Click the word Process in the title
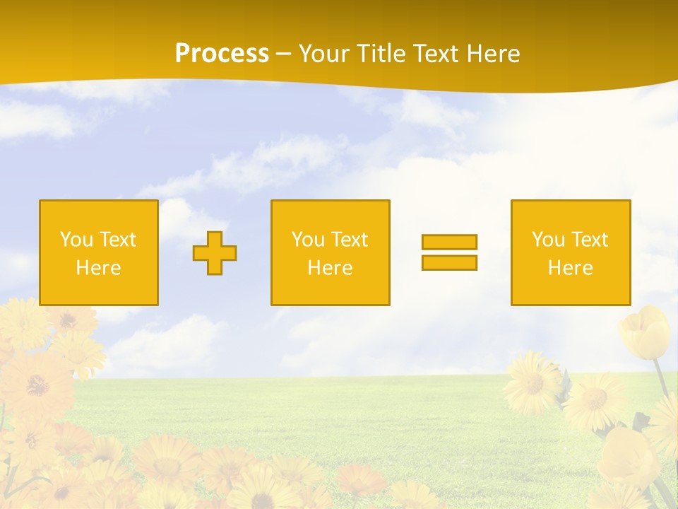click(222, 54)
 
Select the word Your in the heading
click(324, 54)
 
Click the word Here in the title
click(492, 54)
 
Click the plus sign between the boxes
click(215, 252)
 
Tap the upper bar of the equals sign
click(449, 242)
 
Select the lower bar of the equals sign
click(449, 262)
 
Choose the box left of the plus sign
click(98, 252)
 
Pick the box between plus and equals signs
click(330, 252)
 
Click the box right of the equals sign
click(570, 252)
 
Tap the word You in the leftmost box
click(76, 240)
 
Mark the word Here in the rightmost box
click(570, 268)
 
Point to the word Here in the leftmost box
click(98, 268)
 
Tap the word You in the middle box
click(308, 240)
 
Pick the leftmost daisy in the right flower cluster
click(531, 382)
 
